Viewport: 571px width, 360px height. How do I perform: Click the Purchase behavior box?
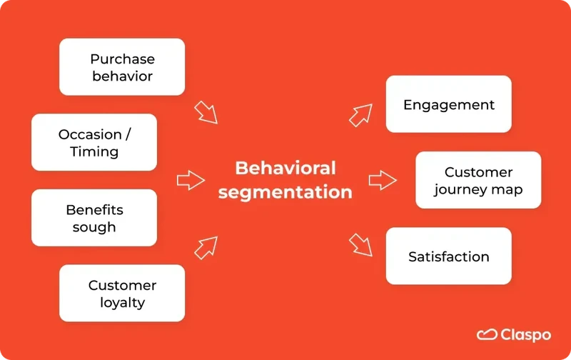(122, 67)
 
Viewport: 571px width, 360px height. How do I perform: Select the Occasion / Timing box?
(94, 142)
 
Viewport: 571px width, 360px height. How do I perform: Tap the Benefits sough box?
(94, 218)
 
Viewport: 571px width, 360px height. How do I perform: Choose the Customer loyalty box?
(122, 294)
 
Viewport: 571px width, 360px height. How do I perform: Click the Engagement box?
(448, 104)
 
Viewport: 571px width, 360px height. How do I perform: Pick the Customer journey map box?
(478, 181)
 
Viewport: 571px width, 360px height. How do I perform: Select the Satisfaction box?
(448, 256)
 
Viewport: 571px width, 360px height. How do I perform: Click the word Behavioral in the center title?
(285, 168)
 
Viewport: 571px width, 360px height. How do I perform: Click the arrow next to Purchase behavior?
(206, 112)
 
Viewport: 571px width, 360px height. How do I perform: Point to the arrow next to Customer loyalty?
(206, 247)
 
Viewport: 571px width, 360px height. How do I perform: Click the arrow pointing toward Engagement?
(361, 114)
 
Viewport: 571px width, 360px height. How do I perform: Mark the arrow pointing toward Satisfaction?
(361, 245)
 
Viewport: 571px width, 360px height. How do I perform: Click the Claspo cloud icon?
(487, 334)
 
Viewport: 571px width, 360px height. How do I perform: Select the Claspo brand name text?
(525, 334)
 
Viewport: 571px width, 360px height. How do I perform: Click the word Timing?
(94, 151)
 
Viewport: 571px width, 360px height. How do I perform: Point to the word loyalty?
(122, 303)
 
